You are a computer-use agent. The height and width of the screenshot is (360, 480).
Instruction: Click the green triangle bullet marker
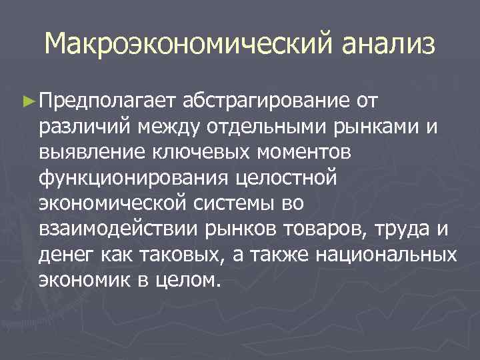tap(27, 100)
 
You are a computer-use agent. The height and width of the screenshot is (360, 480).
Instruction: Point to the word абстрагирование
tap(265, 101)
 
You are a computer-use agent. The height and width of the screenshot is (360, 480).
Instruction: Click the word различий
tap(85, 126)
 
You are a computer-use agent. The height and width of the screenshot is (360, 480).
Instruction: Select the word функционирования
tap(131, 177)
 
